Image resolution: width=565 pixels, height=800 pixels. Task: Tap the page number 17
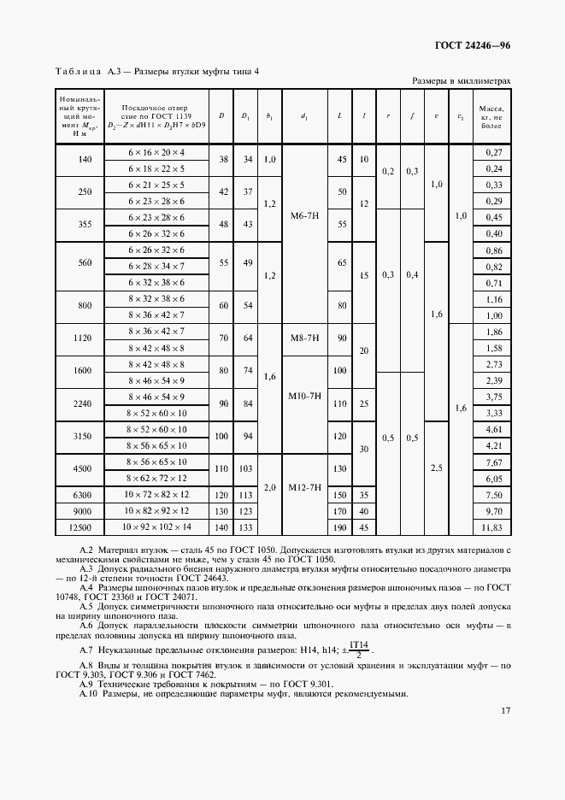tap(505, 733)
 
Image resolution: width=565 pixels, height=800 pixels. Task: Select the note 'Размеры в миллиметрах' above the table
tap(462, 80)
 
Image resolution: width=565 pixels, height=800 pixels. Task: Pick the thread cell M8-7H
tap(304, 338)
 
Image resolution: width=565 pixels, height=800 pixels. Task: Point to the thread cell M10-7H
tap(304, 396)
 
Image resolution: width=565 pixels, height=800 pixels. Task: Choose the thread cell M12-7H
tap(304, 487)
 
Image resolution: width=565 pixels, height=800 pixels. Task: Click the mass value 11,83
tap(492, 526)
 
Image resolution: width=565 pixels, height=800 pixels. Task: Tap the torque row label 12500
tap(84, 526)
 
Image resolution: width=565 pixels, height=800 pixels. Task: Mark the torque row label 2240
tap(84, 405)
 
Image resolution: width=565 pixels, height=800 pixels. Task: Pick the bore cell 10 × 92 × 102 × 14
tap(156, 526)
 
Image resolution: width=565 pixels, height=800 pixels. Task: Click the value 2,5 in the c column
tap(437, 468)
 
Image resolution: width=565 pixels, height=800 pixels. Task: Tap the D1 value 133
tap(245, 526)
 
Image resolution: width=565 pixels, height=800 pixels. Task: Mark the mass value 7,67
tap(492, 461)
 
